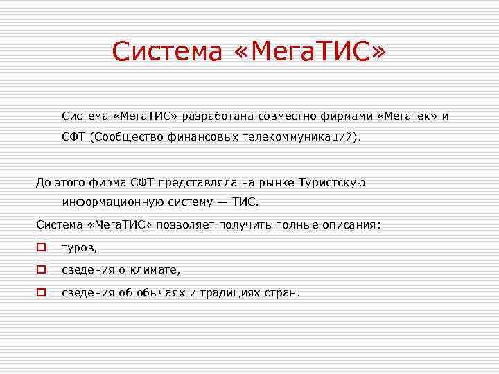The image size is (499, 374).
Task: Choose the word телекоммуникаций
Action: point(301,137)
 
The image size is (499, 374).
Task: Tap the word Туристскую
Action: point(332,182)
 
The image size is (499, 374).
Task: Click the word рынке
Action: point(275,182)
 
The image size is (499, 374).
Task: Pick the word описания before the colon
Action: point(351,225)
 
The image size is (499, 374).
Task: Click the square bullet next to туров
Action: point(42,247)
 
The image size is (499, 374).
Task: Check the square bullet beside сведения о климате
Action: point(42,269)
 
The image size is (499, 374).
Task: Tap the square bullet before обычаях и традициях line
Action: point(42,292)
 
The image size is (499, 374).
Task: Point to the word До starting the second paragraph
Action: point(44,182)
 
